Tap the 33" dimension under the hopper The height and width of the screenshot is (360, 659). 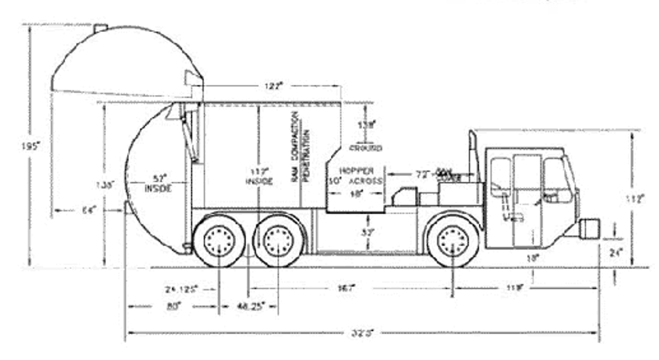pos(367,232)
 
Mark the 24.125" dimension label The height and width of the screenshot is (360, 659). pos(181,289)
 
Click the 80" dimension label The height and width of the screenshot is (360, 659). pos(173,306)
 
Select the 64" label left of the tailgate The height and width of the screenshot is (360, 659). pos(89,210)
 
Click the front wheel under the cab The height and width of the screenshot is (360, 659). pos(452,241)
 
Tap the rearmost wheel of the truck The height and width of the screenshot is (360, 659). pos(219,241)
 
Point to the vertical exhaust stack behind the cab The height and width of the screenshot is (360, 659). pos(473,155)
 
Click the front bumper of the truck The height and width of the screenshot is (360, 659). pos(588,228)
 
